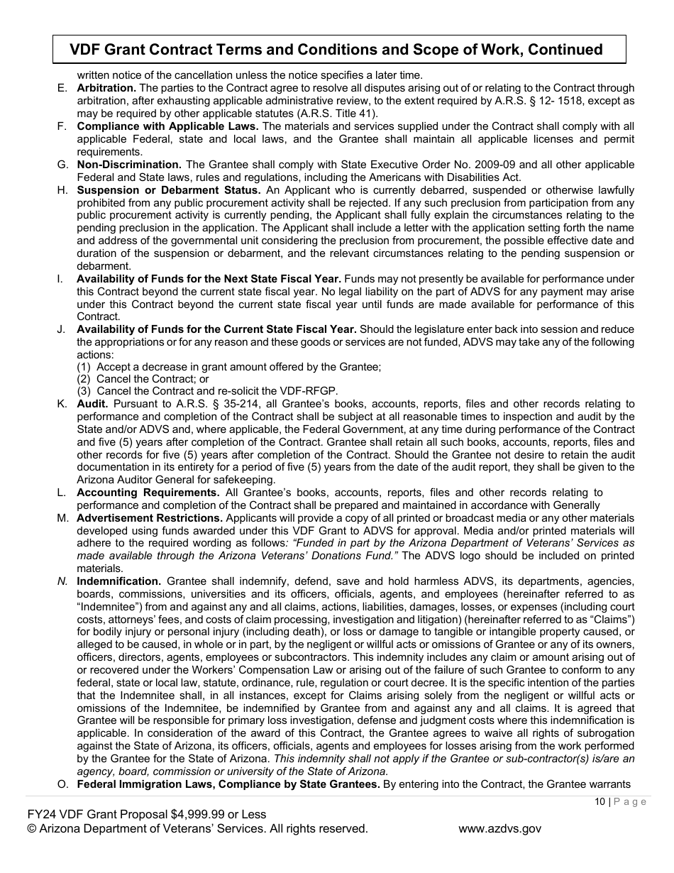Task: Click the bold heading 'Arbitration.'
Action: pos(106,88)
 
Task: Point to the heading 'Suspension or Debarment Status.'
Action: pos(169,190)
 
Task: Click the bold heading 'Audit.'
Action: pos(92,404)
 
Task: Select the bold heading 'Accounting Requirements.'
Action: pos(148,492)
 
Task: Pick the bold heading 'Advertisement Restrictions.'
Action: pos(150,517)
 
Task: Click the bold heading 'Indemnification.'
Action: pos(118,581)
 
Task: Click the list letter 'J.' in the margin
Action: pos(62,329)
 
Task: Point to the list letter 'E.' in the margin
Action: pos(62,88)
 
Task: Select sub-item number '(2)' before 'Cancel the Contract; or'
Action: pos(84,379)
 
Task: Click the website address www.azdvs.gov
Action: pos(499,828)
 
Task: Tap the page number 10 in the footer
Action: pos(600,802)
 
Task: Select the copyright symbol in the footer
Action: pos(31,828)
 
